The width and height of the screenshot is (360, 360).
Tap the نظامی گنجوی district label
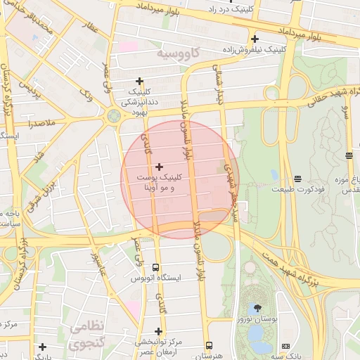[85, 335]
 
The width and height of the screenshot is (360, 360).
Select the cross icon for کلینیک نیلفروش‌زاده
[255, 39]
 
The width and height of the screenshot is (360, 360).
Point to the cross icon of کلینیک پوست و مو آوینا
[160, 167]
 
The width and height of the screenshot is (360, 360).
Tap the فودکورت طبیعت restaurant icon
[297, 179]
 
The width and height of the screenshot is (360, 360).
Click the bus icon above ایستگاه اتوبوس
[155, 268]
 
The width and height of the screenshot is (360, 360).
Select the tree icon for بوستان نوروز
[257, 308]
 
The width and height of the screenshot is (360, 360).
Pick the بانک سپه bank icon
[285, 346]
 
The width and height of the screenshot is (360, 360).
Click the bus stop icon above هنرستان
[209, 345]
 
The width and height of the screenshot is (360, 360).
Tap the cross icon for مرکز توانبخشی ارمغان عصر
[158, 331]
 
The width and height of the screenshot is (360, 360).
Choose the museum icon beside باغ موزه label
[349, 155]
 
